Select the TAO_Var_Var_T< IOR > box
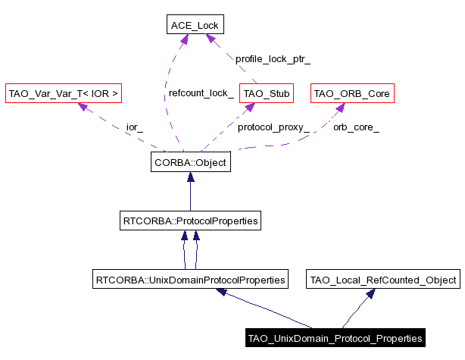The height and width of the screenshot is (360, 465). [63, 94]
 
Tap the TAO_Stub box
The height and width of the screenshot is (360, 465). [258, 94]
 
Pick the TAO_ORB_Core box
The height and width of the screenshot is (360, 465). [352, 94]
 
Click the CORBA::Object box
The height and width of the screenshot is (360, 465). [190, 162]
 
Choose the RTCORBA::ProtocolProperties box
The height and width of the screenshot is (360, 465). [190, 221]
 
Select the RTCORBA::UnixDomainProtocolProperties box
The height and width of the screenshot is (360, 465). [190, 280]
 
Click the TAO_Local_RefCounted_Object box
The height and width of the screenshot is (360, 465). [383, 280]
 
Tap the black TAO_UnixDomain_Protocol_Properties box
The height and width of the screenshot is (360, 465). [334, 337]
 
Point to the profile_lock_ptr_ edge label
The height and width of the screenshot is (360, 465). [273, 58]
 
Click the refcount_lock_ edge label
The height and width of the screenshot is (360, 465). [201, 94]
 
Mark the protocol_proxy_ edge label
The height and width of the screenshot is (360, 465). [273, 127]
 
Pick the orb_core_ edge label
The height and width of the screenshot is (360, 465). [356, 127]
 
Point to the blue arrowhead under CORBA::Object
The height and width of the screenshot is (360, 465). [190, 177]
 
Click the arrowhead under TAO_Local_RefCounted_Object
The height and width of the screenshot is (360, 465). [370, 293]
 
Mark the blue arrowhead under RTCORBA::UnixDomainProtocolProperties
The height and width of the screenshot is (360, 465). [222, 292]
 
